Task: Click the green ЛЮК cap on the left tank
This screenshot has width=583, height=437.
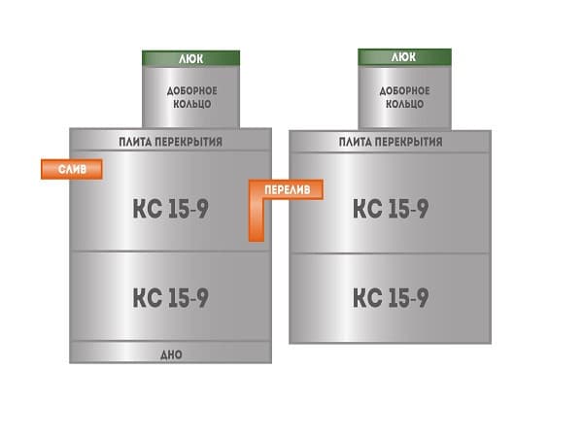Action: pos(190,58)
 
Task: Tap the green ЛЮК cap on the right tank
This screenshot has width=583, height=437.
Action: pos(404,57)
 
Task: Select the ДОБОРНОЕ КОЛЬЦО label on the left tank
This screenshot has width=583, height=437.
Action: pos(191,97)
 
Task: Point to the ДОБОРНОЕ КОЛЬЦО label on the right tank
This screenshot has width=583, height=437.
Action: pos(404,97)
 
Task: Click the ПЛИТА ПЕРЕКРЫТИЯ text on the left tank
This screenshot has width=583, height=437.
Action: pos(171,142)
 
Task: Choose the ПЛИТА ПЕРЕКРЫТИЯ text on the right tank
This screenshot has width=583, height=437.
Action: pos(391,142)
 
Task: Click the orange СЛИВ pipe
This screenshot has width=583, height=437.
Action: pos(72,169)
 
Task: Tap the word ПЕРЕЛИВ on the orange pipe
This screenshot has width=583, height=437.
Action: pos(287,190)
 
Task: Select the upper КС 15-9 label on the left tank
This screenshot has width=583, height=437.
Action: pos(171,209)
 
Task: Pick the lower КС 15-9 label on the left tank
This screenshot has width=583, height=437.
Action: pos(171,298)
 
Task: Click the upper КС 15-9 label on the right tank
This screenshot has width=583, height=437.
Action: pos(391,209)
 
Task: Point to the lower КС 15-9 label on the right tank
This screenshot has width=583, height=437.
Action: pos(391,298)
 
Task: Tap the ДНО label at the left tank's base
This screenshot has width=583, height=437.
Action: pos(171,354)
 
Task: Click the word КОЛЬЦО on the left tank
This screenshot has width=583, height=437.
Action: pos(192,104)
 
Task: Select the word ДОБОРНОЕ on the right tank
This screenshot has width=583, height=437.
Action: pos(404,91)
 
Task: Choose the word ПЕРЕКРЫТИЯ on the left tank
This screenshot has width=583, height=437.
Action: pos(189,142)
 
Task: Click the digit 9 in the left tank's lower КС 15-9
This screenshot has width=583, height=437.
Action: pos(202,298)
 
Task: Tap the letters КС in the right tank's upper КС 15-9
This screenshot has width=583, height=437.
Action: pos(367,209)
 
